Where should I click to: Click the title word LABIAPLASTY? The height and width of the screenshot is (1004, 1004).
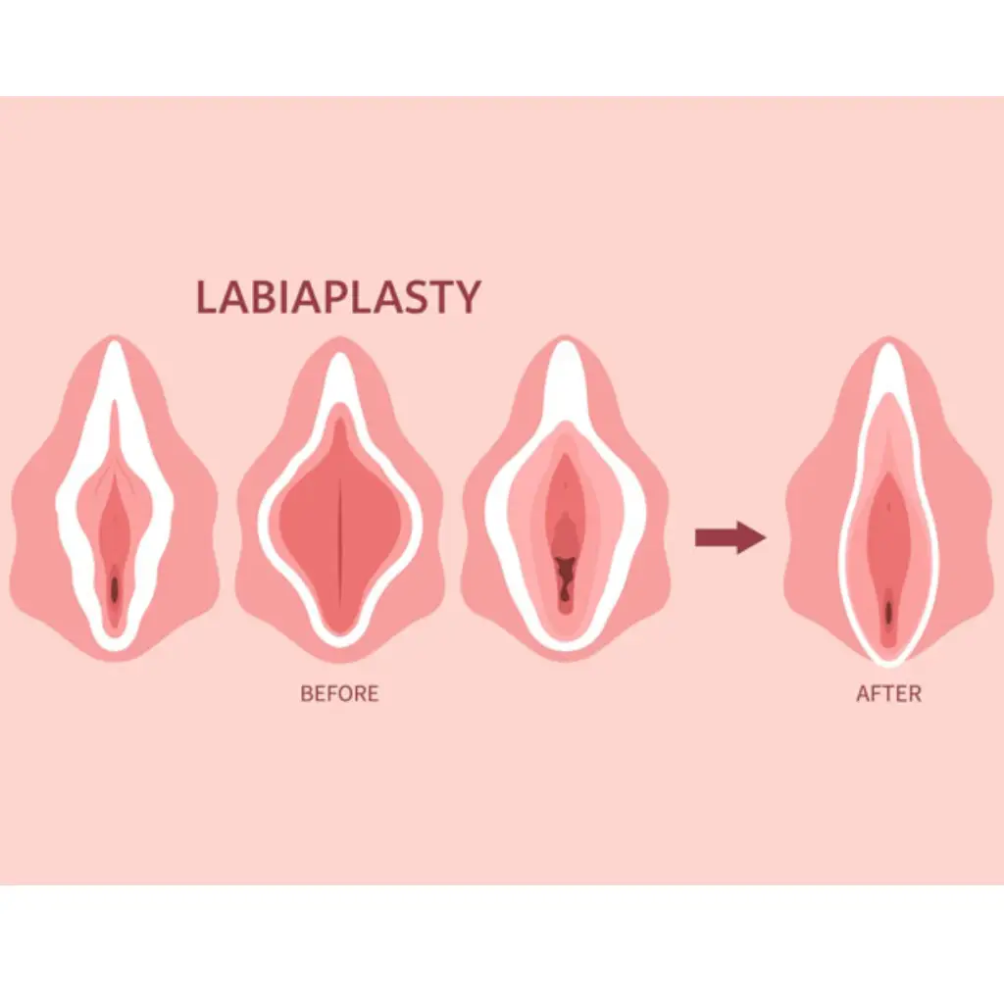(338, 297)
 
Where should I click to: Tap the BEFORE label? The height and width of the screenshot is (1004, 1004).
(339, 694)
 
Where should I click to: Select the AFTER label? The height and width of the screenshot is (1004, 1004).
(888, 694)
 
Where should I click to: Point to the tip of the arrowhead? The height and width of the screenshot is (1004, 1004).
(764, 537)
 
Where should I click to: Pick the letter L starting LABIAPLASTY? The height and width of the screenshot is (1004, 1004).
(206, 297)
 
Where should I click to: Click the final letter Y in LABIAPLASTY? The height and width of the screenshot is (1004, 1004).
(469, 297)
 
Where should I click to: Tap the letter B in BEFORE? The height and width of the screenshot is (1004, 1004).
(307, 694)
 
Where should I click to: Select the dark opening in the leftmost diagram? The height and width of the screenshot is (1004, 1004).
(115, 589)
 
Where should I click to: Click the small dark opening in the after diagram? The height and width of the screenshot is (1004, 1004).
(888, 611)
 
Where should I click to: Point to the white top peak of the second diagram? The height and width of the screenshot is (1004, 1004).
(340, 368)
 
